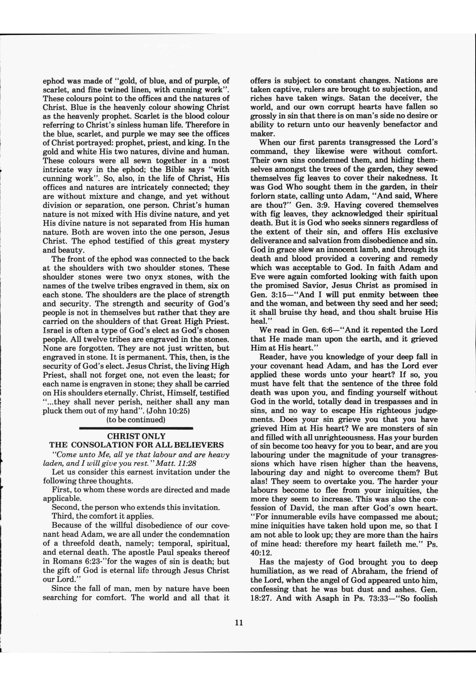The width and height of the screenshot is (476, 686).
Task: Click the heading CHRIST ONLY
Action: pyautogui.click(x=136, y=436)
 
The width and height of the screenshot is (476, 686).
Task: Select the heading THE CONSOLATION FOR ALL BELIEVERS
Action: pyautogui.click(x=136, y=445)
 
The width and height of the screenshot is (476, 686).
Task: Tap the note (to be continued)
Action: pyautogui.click(x=136, y=420)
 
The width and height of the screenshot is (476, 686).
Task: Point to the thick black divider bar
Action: pyautogui.click(x=136, y=428)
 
